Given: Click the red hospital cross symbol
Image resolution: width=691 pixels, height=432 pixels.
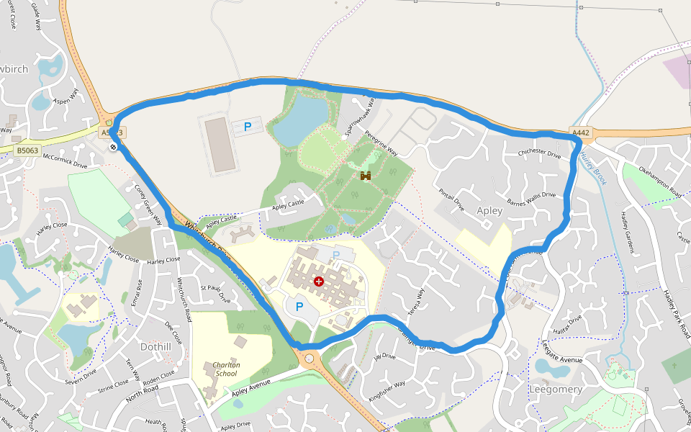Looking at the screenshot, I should coord(319,282).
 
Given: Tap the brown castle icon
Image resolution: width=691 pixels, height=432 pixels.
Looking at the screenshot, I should coord(366,176).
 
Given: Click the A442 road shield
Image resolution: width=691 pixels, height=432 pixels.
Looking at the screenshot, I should coord(581,132).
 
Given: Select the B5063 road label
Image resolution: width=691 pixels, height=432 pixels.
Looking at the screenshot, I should coord(27,150).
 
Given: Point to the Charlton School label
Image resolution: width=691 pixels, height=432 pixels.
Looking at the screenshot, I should coord(225,369).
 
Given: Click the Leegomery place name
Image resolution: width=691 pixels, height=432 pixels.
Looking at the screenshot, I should coord(555,389).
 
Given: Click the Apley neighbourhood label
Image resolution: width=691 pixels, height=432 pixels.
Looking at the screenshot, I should coord(489,211).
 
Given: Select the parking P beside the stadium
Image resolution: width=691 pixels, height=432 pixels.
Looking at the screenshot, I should coord(248,127).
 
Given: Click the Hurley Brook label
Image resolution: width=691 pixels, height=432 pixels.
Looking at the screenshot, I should coord(593,167).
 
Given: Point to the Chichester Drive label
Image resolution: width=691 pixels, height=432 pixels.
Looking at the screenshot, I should coord(539,153).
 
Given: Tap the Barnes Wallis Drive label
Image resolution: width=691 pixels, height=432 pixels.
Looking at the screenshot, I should coord(532,199).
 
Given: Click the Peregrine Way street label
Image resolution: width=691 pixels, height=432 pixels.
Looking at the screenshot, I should coord(381,143).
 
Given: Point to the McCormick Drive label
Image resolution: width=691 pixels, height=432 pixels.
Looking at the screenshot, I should coord(65,160).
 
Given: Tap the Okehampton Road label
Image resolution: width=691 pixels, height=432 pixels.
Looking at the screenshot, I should coord(660,181).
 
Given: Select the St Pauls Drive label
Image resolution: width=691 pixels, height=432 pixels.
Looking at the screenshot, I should coord(215,293).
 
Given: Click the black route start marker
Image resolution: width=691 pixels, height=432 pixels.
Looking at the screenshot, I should coord(114,147).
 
